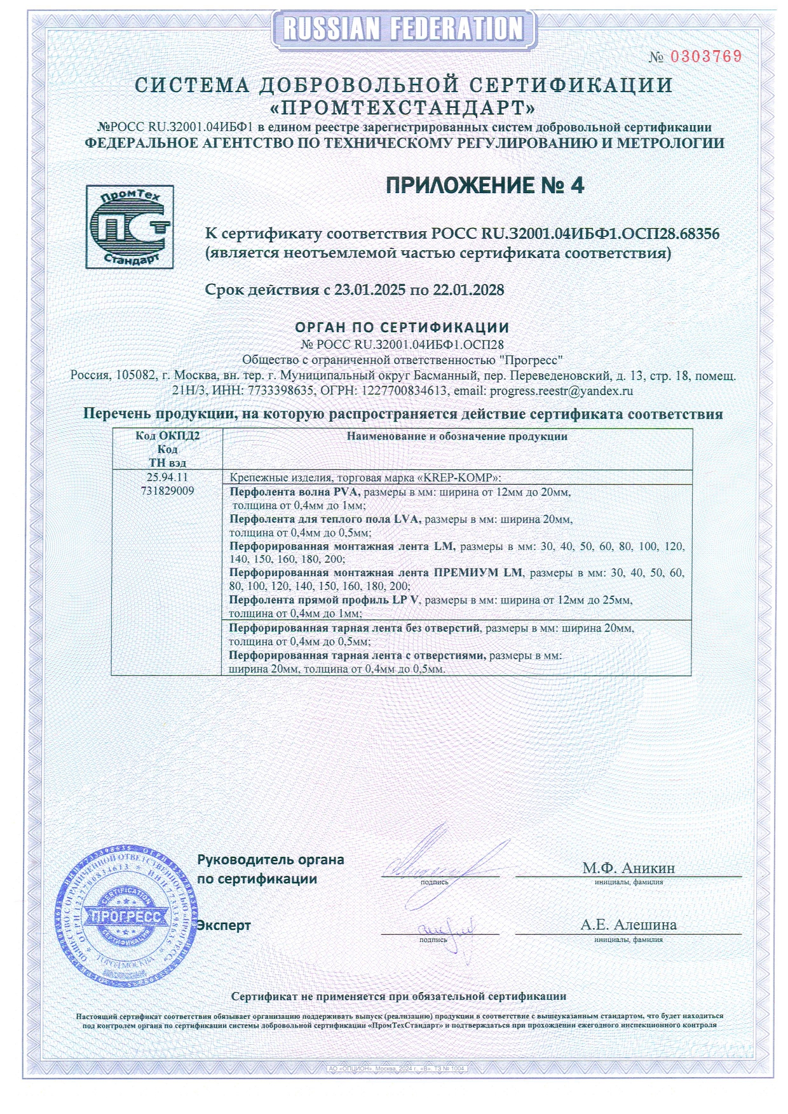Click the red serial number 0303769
(706, 57)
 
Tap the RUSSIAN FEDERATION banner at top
(403, 29)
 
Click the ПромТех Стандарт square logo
(130, 227)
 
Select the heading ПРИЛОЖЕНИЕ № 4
(485, 185)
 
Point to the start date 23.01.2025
(370, 290)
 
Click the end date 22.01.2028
(468, 290)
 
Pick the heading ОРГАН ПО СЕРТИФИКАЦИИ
(402, 328)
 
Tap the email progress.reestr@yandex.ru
(561, 391)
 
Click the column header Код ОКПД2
(167, 436)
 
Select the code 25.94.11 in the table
(167, 477)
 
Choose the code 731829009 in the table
(167, 491)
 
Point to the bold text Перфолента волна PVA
(295, 492)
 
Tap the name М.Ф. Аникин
(628, 868)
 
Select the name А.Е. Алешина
(628, 925)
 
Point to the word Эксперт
(224, 925)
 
